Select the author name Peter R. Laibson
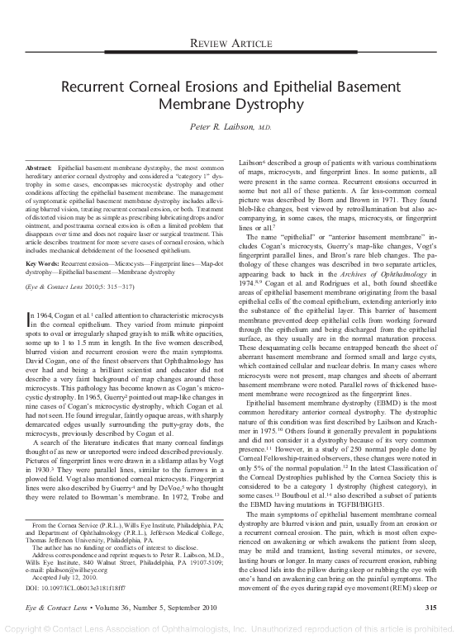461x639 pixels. coord(222,128)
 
